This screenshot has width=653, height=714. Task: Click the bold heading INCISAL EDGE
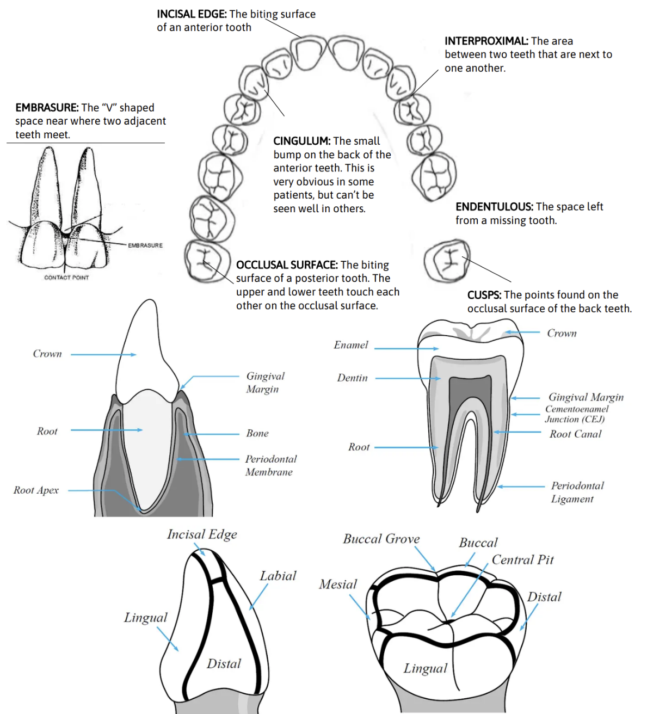click(x=192, y=14)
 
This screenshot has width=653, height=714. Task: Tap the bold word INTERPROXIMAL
click(x=486, y=41)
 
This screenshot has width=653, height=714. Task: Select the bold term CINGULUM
click(x=301, y=141)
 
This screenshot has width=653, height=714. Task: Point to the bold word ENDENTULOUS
click(x=494, y=207)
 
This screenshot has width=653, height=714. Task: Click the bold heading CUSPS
click(x=484, y=295)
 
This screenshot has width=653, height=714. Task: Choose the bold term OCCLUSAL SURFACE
click(x=287, y=265)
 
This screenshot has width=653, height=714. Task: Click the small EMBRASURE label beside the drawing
click(x=145, y=245)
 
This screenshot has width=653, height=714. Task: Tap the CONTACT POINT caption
click(x=66, y=278)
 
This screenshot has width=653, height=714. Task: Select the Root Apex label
click(x=36, y=490)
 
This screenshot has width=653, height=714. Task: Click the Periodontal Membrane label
click(x=270, y=465)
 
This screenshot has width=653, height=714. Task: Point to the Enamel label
click(x=351, y=345)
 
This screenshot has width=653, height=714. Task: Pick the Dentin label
click(x=352, y=378)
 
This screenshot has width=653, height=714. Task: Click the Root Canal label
click(x=575, y=434)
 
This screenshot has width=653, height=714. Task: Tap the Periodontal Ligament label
click(x=577, y=492)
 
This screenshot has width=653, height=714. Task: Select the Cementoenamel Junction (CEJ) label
click(x=576, y=414)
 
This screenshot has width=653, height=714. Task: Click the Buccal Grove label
click(x=381, y=539)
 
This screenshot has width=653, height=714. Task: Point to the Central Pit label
click(x=522, y=560)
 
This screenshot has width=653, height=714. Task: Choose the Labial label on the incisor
click(x=278, y=576)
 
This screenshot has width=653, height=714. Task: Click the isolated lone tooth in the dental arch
click(x=447, y=261)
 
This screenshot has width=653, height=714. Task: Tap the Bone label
click(x=257, y=433)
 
